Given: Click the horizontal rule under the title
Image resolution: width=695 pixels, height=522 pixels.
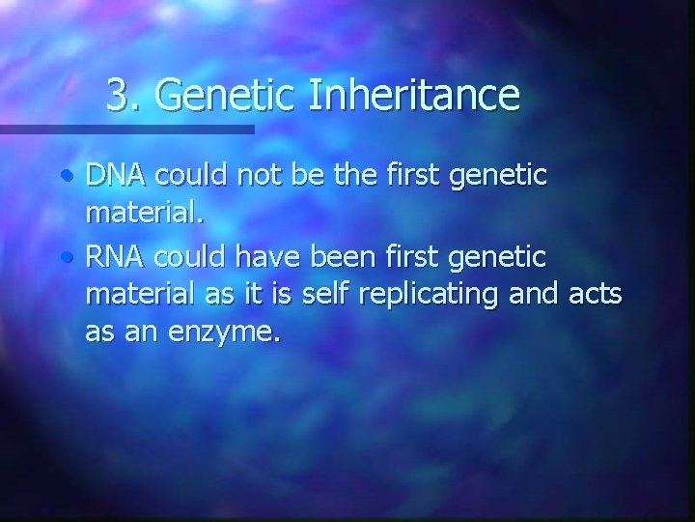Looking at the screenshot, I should pos(126,128).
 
